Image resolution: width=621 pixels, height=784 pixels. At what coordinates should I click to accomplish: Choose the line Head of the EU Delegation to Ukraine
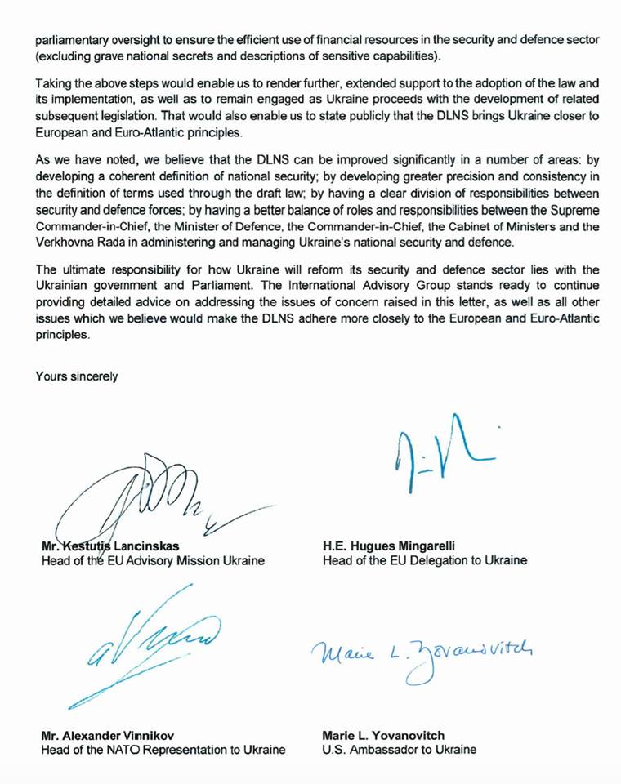(x=425, y=560)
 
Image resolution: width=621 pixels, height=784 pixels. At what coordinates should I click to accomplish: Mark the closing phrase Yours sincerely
(x=77, y=376)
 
